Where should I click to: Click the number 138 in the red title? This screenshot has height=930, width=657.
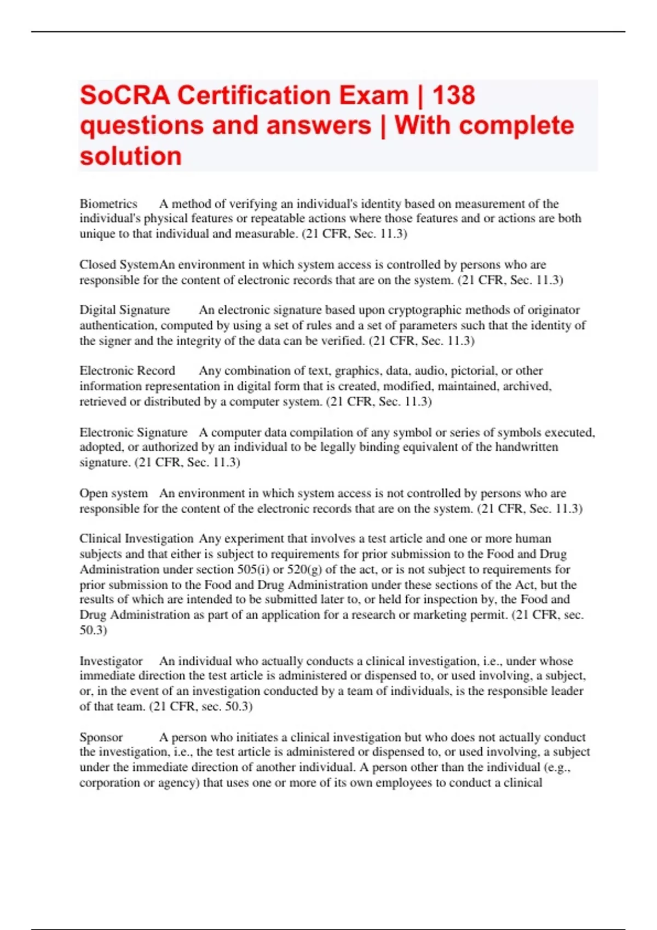point(453,95)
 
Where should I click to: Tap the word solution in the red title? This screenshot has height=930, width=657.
point(131,156)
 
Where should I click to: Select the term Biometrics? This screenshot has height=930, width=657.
point(108,204)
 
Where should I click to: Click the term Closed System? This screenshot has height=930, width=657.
point(119,265)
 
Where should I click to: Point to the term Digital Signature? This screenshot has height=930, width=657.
point(125,310)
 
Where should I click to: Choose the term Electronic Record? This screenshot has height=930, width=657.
point(127,371)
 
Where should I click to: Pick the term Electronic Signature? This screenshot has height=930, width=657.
point(134,432)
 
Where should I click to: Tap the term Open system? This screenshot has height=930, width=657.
point(113,493)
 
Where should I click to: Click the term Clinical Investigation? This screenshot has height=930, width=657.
point(136,539)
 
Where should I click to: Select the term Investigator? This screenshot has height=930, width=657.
point(111,661)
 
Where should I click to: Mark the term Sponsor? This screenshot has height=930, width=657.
point(101,737)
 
